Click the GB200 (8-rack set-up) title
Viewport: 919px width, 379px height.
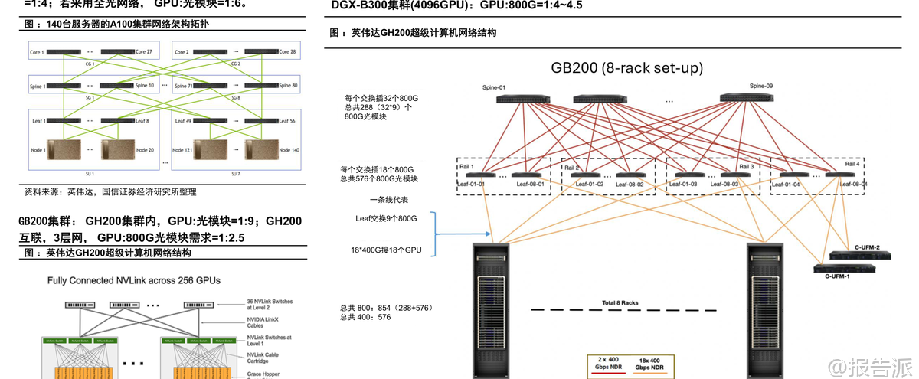tap(626, 67)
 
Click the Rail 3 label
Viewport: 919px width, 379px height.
tap(747, 166)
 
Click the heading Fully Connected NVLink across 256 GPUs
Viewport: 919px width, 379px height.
tap(134, 280)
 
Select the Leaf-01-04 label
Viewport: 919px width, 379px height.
tap(790, 185)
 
